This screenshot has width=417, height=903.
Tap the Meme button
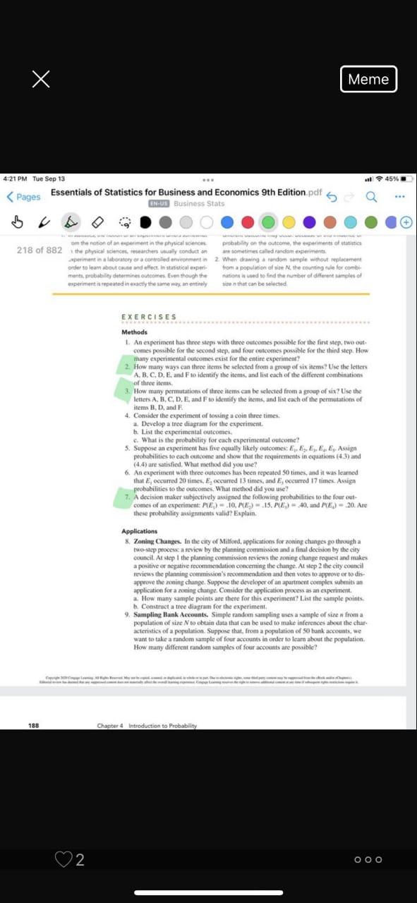click(x=368, y=79)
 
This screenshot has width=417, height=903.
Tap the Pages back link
click(x=24, y=197)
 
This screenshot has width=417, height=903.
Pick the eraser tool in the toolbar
click(x=98, y=221)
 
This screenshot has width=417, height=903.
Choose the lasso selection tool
click(x=125, y=221)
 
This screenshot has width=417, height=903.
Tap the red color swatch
click(x=246, y=221)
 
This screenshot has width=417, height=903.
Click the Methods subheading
click(x=134, y=332)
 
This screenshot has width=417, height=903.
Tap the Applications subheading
click(x=139, y=531)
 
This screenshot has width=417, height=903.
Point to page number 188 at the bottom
click(x=33, y=705)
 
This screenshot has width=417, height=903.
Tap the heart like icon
click(x=63, y=859)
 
